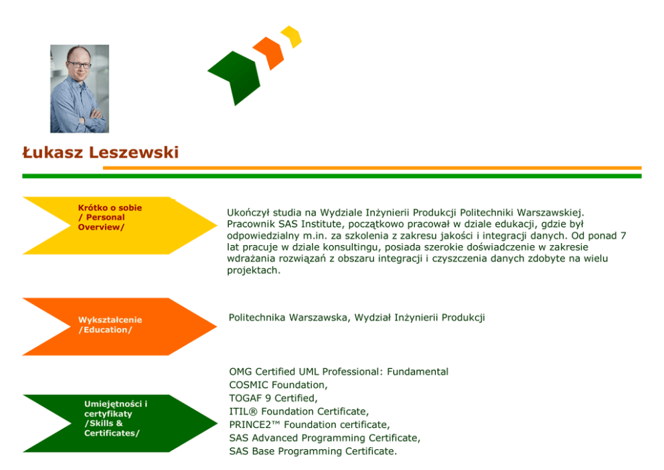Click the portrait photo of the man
79,89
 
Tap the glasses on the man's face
78,66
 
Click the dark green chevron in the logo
234,74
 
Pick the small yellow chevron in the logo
292,36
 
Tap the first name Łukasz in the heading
53,153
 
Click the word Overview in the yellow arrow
101,227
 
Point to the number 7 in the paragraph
623,236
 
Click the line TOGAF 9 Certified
273,398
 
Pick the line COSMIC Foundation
278,385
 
